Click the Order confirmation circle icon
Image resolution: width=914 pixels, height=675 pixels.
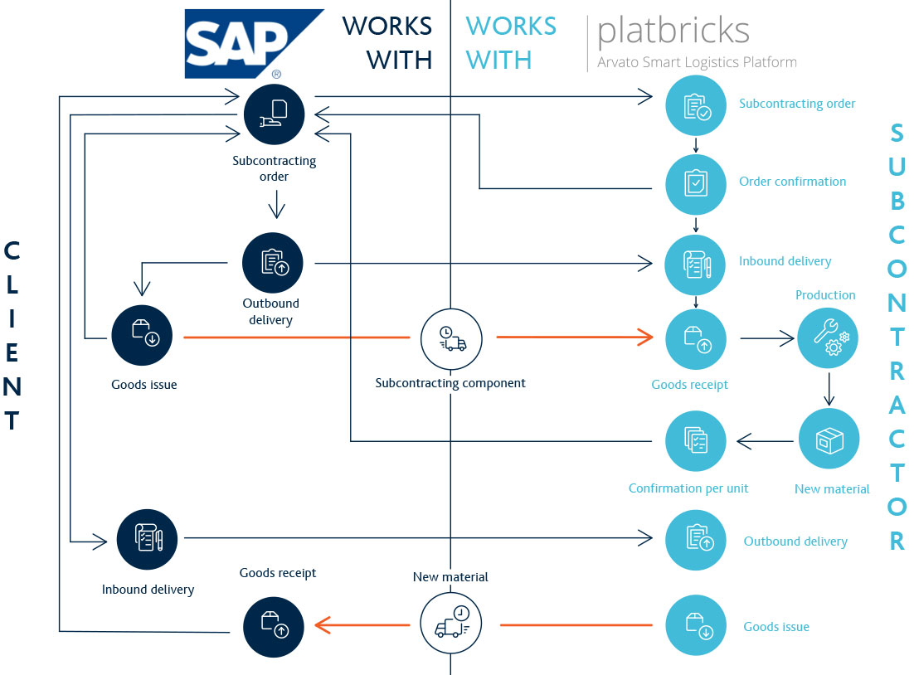696,182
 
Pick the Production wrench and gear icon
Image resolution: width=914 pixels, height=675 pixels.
827,337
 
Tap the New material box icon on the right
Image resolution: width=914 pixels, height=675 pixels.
829,439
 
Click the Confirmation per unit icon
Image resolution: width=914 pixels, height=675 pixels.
696,440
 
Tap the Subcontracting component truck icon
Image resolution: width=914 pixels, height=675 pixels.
450,338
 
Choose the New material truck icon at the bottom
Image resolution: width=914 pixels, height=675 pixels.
450,623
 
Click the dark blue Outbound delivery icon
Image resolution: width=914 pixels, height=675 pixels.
273,262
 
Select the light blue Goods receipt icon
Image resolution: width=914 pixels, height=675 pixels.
696,338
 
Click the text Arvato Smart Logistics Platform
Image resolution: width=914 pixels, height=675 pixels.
697,62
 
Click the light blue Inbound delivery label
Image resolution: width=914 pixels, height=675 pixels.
785,261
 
